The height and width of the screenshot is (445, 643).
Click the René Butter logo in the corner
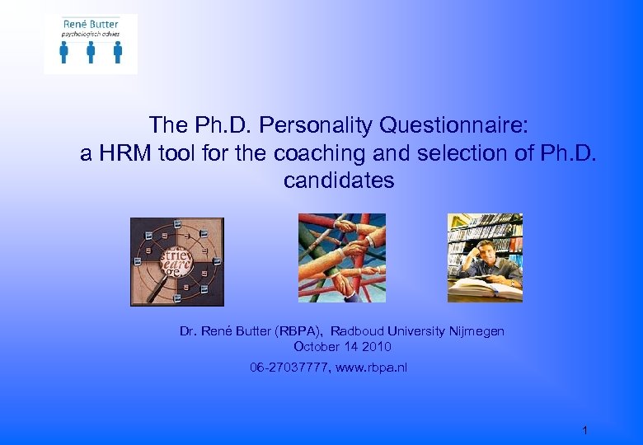[91, 44]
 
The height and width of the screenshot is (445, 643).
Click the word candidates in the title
[339, 180]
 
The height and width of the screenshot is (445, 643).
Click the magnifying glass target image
[177, 261]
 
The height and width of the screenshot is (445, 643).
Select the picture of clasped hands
[341, 258]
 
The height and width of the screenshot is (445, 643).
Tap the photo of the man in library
[485, 257]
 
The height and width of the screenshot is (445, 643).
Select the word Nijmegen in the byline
[476, 331]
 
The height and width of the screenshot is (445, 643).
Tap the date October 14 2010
[342, 347]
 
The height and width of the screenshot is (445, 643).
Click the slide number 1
[584, 430]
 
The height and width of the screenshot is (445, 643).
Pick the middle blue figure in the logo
[91, 52]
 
